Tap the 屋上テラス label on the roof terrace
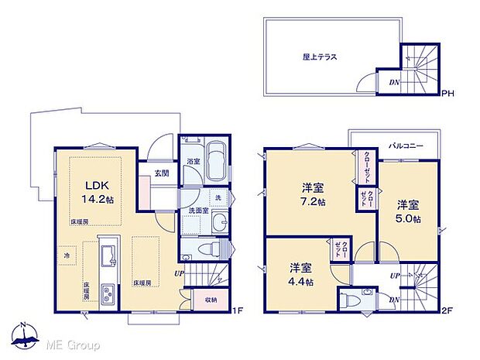(319, 57)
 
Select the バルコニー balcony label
(405, 145)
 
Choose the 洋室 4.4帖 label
(300, 275)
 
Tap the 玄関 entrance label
(161, 173)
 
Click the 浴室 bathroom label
(191, 161)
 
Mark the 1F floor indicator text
(238, 311)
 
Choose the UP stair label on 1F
(179, 273)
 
